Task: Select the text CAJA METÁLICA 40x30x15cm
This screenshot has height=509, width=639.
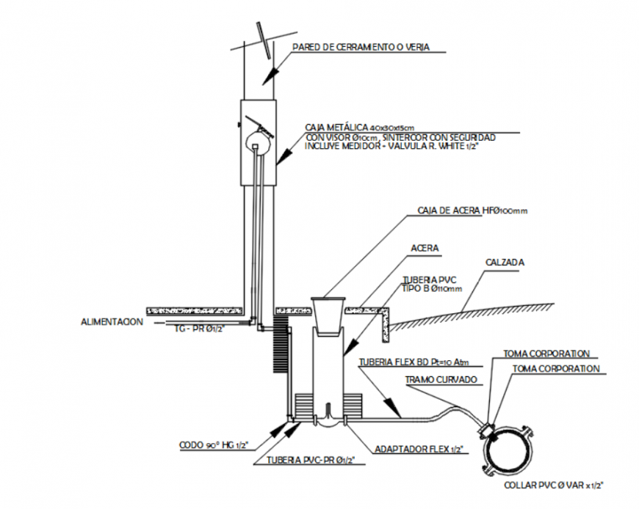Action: tap(360, 128)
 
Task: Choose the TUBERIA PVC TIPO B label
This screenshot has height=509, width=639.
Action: tap(431, 285)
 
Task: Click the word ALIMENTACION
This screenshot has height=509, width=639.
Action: tap(113, 321)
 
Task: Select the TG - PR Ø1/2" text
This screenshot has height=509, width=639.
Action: tap(201, 329)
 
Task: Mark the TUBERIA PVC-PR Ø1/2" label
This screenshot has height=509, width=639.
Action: tap(306, 461)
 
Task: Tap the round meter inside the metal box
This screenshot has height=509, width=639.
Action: tap(257, 139)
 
